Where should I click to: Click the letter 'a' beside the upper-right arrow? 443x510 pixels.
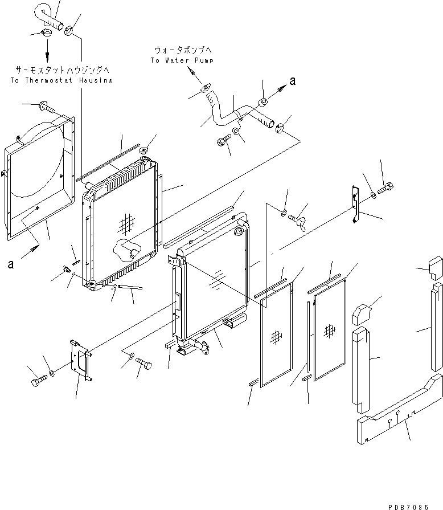[x=292, y=81]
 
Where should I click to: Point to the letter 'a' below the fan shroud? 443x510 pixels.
[x=11, y=264]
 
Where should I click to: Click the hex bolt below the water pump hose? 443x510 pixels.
[x=223, y=139]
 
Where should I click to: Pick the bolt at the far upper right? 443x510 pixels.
[x=388, y=186]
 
